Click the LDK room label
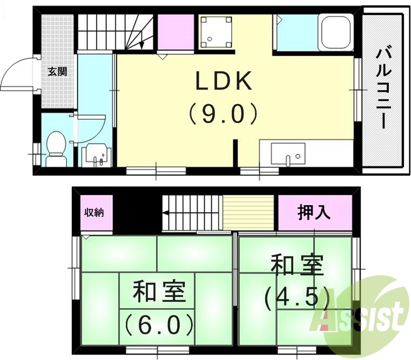[x=223, y=82]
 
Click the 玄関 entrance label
[x=57, y=71]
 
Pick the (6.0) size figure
[x=159, y=325]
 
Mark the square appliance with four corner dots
[x=217, y=31]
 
